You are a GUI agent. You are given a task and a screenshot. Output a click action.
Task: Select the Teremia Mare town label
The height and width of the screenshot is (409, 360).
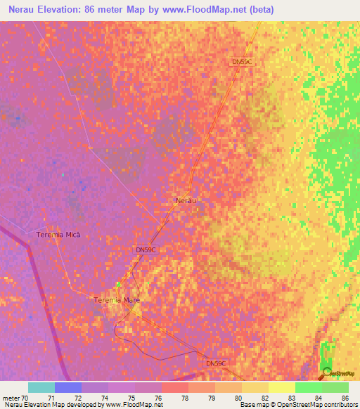tap(117, 300)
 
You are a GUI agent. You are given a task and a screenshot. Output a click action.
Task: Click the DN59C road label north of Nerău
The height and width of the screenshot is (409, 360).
tap(241, 62)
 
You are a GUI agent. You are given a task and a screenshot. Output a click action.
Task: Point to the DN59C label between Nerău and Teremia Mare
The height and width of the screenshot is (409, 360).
tap(145, 249)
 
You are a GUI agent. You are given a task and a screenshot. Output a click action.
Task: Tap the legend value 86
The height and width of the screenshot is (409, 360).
tap(345, 397)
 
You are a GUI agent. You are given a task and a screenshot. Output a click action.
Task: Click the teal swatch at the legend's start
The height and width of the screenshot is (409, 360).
tap(41, 387)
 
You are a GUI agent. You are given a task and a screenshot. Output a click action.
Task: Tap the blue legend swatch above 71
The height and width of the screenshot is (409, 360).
tap(68, 387)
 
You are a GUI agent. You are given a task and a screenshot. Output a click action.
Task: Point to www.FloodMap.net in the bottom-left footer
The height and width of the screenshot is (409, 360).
tap(134, 405)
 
